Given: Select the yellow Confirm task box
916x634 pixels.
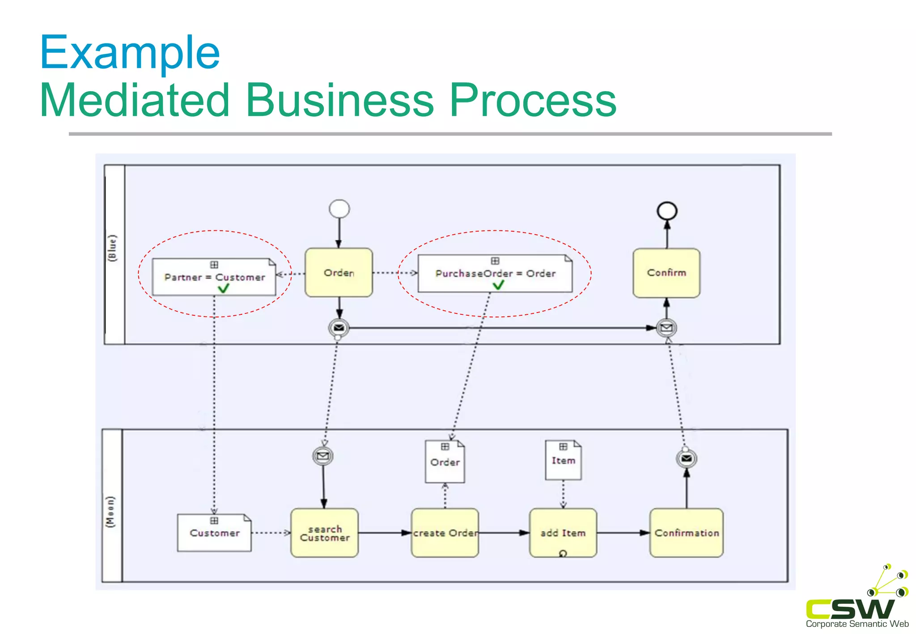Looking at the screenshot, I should click(666, 273).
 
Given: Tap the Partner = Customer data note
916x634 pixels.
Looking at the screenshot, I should click(214, 277).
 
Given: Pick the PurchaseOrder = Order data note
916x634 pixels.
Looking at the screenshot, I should click(495, 274).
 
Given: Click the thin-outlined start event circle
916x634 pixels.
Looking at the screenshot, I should click(339, 209).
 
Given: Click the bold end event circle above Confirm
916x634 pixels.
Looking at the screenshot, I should click(667, 211).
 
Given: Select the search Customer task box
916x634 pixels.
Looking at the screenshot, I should click(324, 533).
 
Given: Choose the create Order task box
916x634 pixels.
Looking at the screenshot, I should click(445, 533).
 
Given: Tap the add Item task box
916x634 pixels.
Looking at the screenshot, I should click(563, 533).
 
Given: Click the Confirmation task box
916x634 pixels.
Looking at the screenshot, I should click(686, 533).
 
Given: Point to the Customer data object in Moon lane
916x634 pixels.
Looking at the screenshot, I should click(214, 533).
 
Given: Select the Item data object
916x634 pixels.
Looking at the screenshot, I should click(563, 460).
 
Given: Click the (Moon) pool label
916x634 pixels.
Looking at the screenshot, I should click(110, 511).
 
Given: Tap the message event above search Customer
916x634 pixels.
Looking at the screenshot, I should click(322, 456).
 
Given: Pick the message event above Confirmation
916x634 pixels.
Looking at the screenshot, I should click(686, 459).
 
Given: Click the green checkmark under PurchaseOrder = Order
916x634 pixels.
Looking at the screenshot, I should click(498, 285).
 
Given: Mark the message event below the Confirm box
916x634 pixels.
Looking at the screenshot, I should click(666, 328).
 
